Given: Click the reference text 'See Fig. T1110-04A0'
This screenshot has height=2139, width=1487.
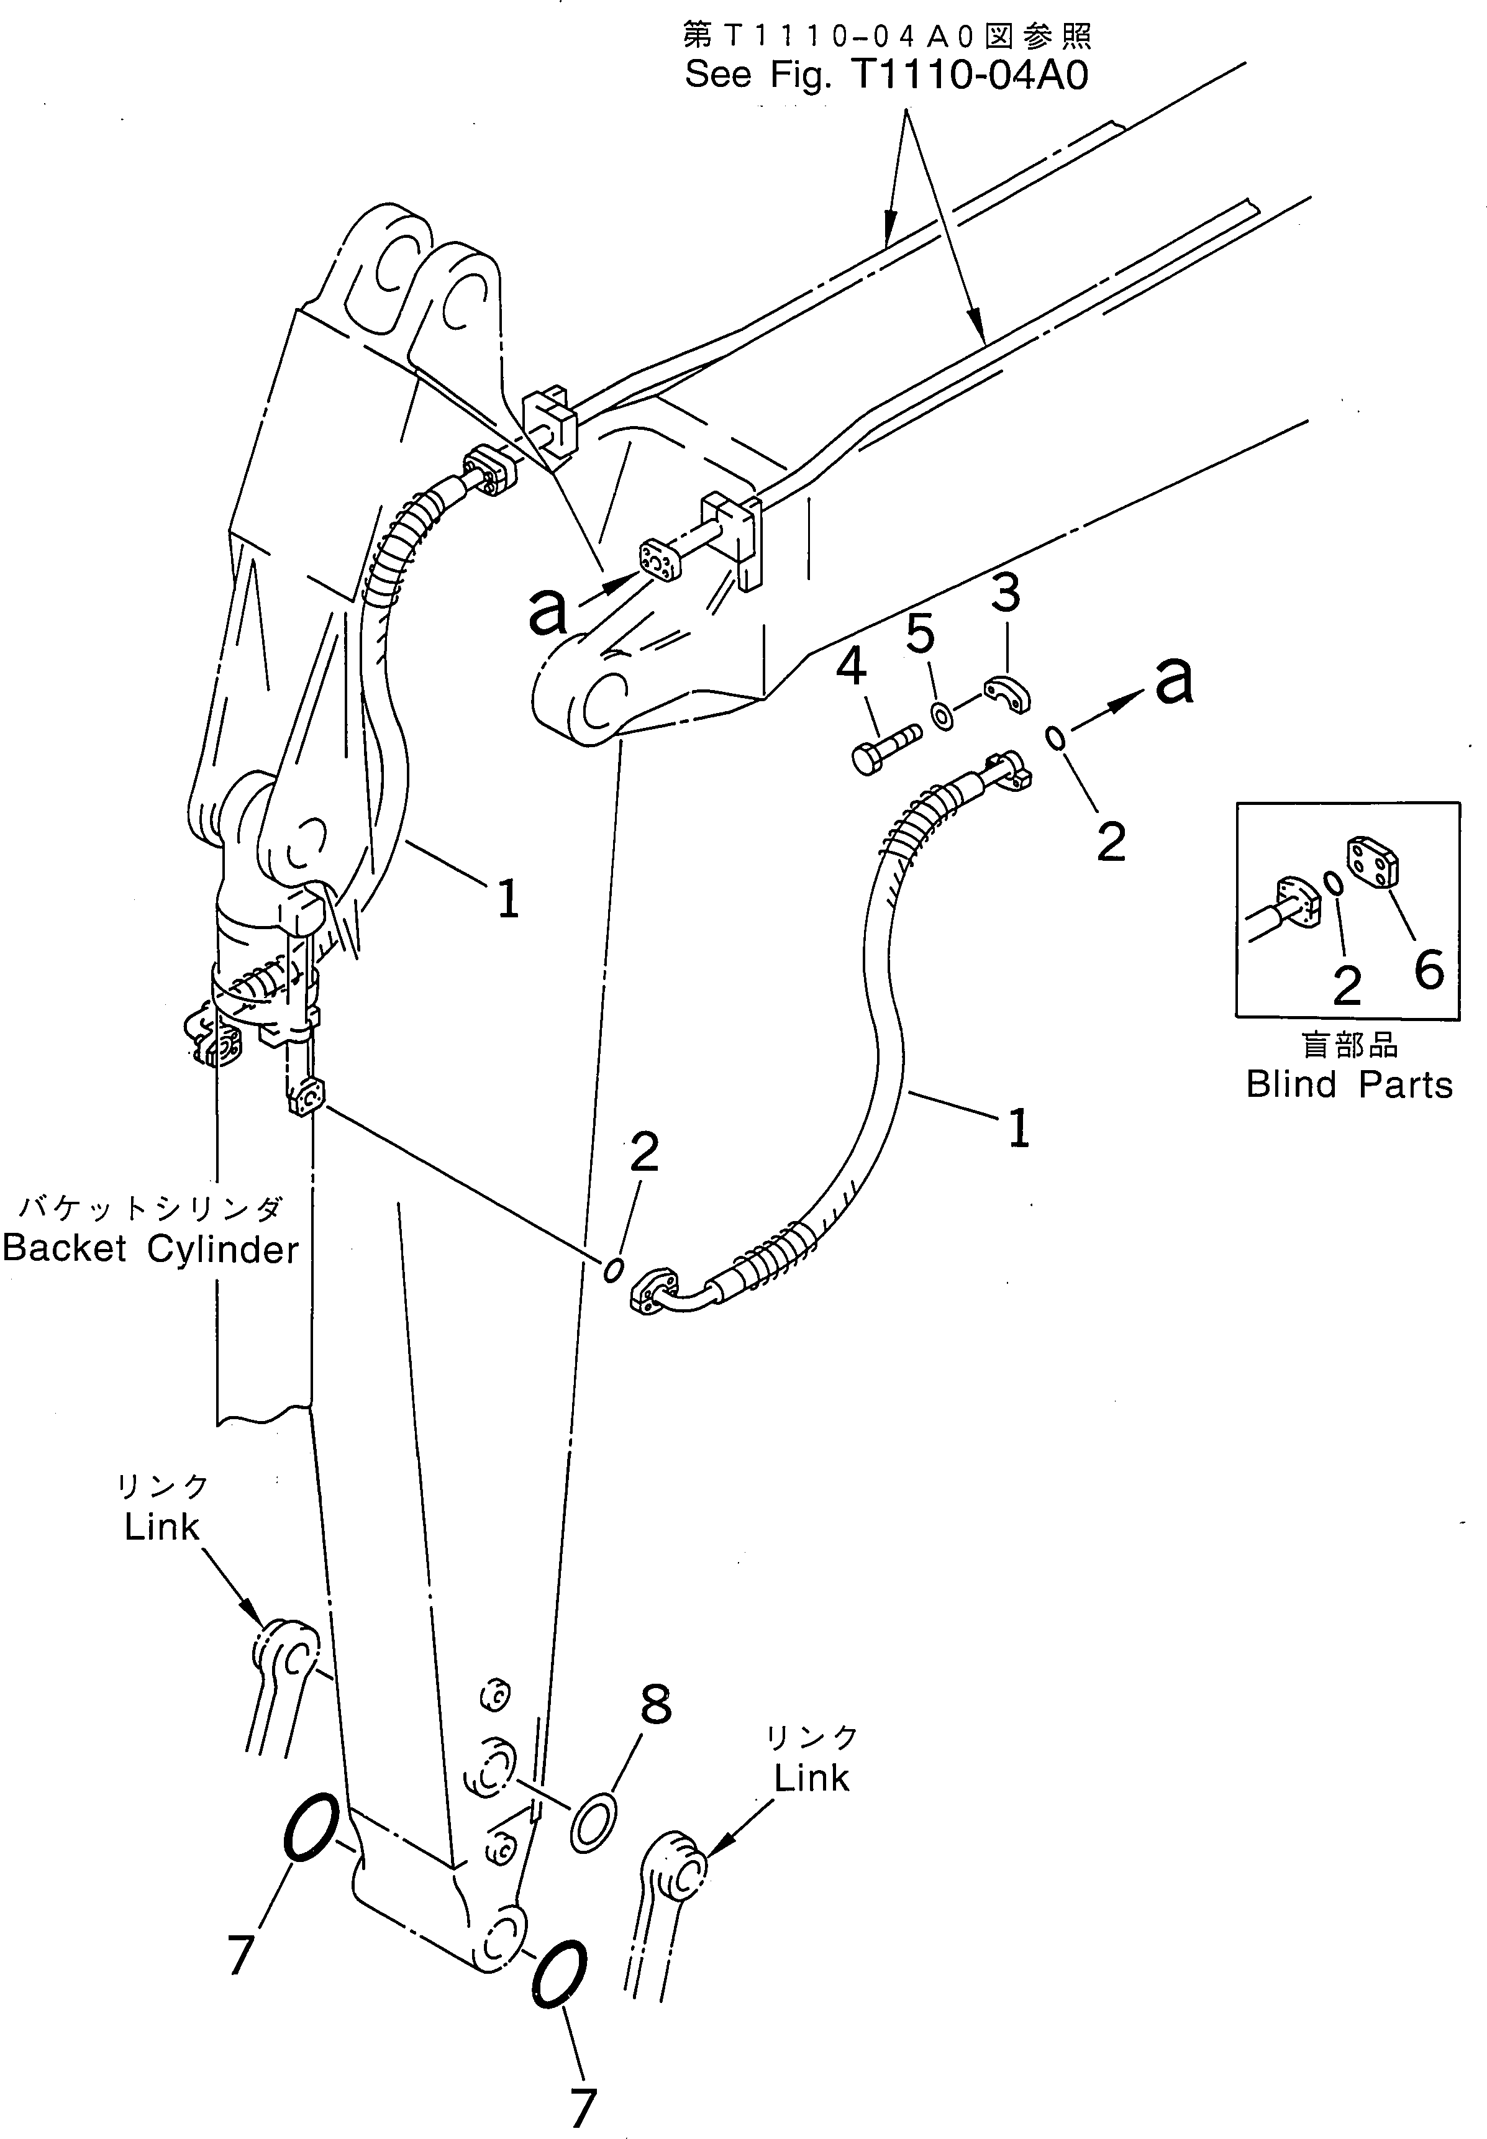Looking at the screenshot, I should tap(886, 75).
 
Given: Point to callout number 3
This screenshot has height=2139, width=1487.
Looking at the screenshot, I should tap(1004, 594).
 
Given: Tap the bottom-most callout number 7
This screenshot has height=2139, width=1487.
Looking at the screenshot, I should tap(583, 2108).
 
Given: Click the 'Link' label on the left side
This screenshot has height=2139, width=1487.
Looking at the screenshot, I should tap(162, 1527).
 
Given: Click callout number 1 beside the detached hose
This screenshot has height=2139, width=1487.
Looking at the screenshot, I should tap(1019, 1128).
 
